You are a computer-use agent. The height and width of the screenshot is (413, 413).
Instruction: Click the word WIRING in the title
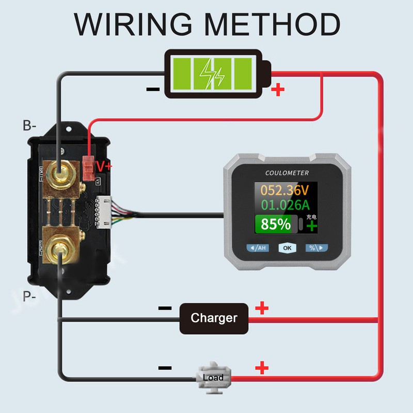[135, 24]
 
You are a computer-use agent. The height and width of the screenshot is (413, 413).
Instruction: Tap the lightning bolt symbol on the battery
[212, 74]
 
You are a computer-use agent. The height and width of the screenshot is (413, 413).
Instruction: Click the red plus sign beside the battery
[278, 90]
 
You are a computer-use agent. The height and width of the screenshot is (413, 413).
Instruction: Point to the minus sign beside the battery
[153, 89]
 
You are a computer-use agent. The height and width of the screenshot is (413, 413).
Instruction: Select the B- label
[29, 125]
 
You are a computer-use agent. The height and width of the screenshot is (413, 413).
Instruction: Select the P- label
[29, 296]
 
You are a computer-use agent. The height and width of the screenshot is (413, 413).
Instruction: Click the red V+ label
[104, 165]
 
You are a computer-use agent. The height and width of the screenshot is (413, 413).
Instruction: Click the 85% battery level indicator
[276, 225]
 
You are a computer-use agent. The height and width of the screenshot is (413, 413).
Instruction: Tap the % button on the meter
[316, 248]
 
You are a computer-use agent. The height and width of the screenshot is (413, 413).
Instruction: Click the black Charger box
[214, 318]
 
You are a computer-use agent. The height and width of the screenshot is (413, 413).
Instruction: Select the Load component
[213, 378]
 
